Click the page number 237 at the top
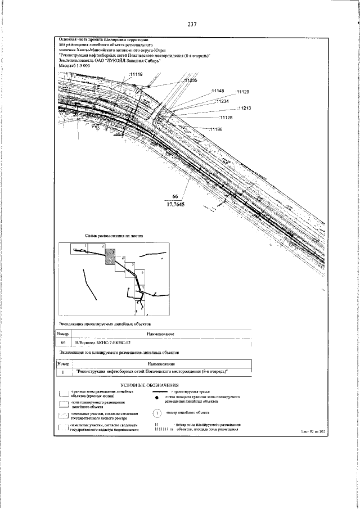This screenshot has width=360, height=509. click(x=192, y=24)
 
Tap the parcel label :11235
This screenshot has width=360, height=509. click(x=190, y=81)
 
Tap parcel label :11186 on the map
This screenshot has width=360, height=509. click(x=217, y=130)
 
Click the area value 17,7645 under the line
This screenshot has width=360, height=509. click(x=174, y=205)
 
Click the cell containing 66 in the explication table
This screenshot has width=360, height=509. click(x=64, y=342)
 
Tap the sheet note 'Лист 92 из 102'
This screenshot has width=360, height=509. click(x=313, y=432)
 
